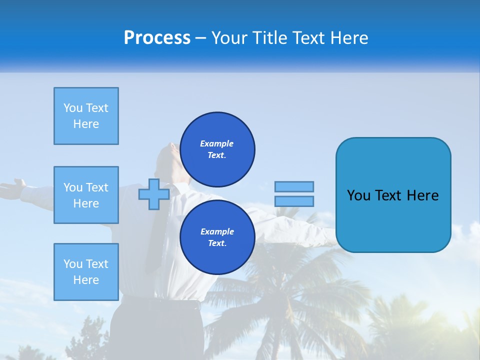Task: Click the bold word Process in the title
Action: (157, 38)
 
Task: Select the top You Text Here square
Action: (86, 115)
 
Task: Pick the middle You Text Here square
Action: (86, 195)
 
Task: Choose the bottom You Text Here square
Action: (86, 272)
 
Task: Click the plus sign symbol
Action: (153, 194)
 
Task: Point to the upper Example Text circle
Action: (217, 149)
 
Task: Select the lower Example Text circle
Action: (217, 237)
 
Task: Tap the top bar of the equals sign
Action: (294, 186)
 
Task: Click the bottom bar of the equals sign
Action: (294, 201)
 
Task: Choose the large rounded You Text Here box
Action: (393, 195)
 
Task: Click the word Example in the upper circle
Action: (216, 143)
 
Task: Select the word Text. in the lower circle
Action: (217, 243)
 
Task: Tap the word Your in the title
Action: (229, 38)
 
